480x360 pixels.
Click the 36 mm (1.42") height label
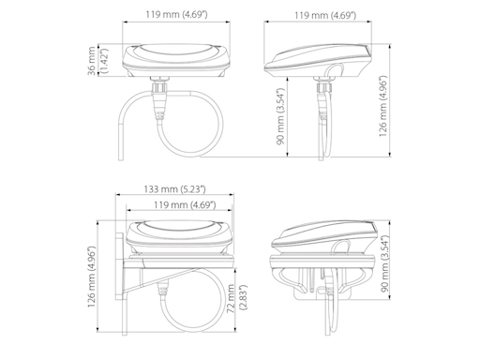pos(97,61)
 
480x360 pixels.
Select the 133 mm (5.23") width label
pos(174,189)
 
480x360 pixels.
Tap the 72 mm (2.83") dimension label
pos(237,297)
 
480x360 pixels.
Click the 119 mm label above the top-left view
pos(176,14)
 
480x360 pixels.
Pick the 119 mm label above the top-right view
pos(325,15)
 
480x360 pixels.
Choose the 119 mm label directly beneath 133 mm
pos(185,204)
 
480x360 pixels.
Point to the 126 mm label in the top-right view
pos(383,106)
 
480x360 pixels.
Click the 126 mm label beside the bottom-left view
pos(91,277)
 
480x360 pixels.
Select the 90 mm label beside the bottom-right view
pos(385,263)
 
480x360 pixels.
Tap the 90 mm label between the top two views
pos(280,116)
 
